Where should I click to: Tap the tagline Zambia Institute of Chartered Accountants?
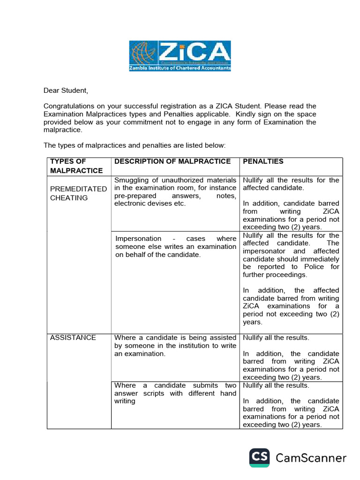click(180, 68)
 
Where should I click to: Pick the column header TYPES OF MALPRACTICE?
click(76, 166)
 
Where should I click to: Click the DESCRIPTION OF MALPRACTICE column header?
click(172, 161)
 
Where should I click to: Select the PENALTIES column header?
click(263, 161)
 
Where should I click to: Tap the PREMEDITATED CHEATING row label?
click(78, 193)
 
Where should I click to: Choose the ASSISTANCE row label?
click(73, 337)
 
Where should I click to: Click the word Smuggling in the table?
click(130, 180)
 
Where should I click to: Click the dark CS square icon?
click(259, 457)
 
